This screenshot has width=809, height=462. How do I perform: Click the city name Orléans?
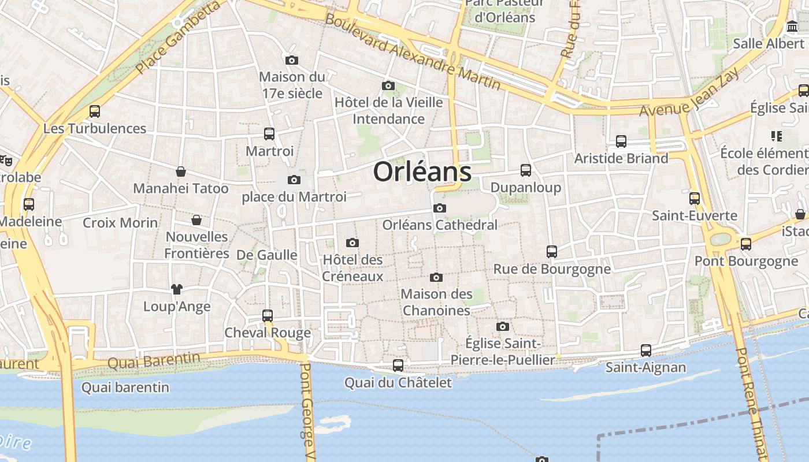click(x=422, y=172)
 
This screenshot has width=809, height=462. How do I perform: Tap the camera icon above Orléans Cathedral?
click(x=440, y=208)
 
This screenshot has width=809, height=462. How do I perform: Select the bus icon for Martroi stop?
click(x=269, y=134)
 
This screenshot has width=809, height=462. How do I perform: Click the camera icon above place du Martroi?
click(x=294, y=180)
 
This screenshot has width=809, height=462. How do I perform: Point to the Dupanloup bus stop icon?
click(x=526, y=170)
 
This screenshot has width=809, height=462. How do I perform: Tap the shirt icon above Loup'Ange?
click(x=177, y=289)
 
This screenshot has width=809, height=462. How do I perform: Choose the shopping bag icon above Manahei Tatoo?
click(x=181, y=172)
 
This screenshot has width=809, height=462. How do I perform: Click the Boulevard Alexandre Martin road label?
click(x=413, y=51)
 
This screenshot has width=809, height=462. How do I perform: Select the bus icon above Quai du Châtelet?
click(x=398, y=366)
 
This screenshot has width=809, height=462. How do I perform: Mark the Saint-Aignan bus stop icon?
click(x=646, y=351)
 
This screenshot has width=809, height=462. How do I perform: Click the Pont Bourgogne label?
click(x=745, y=261)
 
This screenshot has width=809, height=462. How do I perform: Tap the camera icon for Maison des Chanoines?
click(x=437, y=278)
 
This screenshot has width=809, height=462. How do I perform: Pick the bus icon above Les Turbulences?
click(x=95, y=111)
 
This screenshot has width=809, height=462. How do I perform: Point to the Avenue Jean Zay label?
click(x=689, y=92)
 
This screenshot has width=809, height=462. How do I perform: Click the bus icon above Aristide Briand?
click(x=621, y=141)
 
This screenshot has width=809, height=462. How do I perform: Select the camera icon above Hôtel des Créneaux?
click(x=352, y=243)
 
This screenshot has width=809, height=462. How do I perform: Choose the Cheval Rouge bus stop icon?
click(x=268, y=316)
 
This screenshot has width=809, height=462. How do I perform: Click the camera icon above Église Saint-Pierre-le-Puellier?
click(x=503, y=327)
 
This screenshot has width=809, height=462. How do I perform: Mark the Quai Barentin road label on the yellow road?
click(x=154, y=361)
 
